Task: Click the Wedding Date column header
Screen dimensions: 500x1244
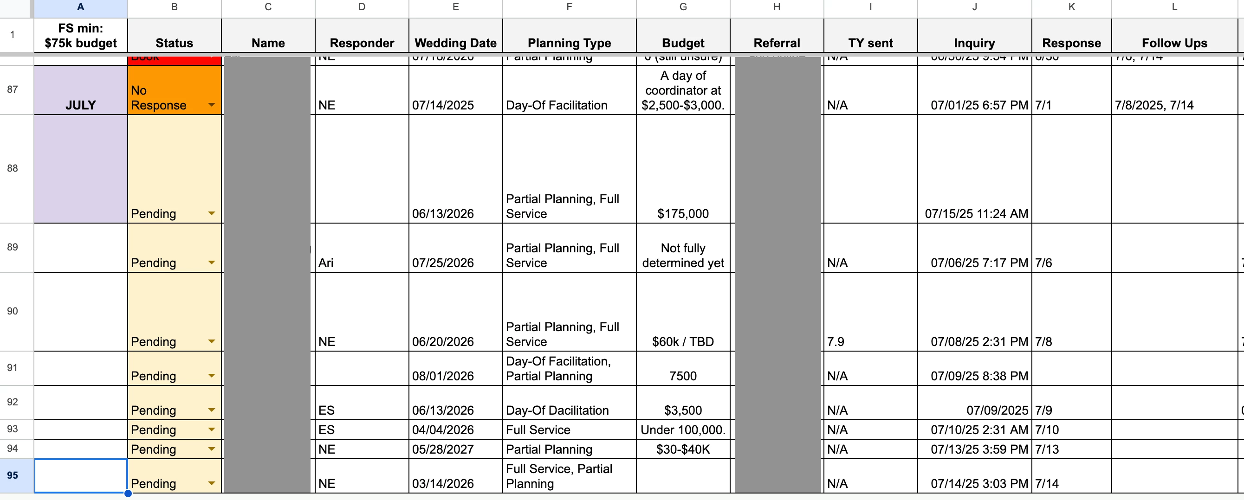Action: click(455, 43)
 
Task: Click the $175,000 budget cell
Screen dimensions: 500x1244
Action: click(682, 213)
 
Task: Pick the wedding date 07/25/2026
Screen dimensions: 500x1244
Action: click(443, 263)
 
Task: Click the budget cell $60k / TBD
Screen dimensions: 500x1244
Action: click(682, 341)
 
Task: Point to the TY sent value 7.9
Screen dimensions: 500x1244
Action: click(836, 341)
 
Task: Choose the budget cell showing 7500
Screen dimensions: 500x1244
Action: click(682, 376)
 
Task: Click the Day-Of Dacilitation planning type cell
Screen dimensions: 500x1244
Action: click(557, 410)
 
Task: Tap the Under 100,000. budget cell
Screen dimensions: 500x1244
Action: click(682, 429)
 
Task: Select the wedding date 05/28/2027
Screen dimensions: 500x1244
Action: click(443, 449)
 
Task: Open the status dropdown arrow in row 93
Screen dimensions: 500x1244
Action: click(212, 429)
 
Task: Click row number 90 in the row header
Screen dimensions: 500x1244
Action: click(13, 311)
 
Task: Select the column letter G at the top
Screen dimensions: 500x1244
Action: click(682, 7)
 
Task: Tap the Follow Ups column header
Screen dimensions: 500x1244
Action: click(1174, 43)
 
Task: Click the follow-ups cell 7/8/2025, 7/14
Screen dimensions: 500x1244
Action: click(1153, 105)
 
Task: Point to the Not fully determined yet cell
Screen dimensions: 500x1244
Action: click(682, 255)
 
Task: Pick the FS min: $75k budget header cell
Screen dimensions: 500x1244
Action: click(80, 36)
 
